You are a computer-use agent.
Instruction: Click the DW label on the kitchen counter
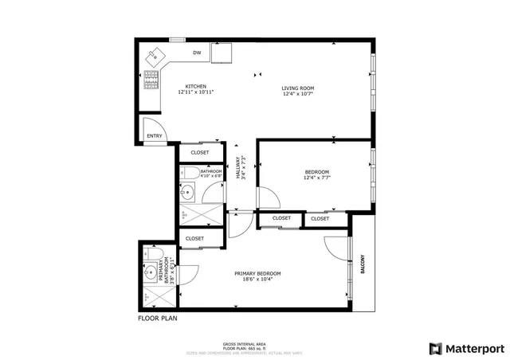(x=196, y=53)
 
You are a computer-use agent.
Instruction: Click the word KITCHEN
(x=196, y=86)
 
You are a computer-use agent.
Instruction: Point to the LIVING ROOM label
(x=298, y=88)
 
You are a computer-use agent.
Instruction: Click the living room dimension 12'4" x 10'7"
(x=298, y=94)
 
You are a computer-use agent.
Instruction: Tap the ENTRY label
(x=154, y=136)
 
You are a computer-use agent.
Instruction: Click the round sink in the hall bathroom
(x=186, y=192)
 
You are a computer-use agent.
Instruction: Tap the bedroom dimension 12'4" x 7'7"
(x=316, y=178)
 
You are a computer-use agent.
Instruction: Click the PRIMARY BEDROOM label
(x=257, y=273)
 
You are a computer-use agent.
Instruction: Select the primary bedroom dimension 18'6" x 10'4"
(x=257, y=280)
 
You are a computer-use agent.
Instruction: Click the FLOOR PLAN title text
(x=158, y=318)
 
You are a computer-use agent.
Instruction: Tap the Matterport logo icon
(x=434, y=348)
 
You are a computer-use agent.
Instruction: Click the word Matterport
(x=473, y=348)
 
